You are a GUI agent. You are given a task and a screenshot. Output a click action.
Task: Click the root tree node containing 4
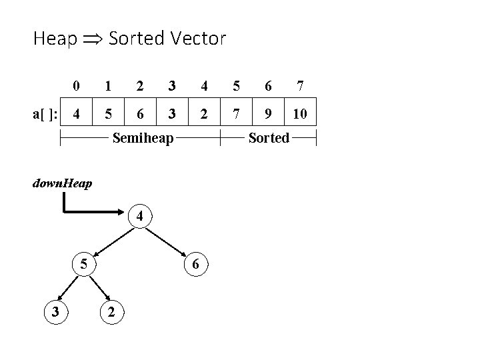coord(139,217)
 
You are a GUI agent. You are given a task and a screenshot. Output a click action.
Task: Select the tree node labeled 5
coord(84,263)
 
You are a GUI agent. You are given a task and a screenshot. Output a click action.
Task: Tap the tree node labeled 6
coord(195,264)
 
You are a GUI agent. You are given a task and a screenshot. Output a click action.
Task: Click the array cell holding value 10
coord(299,114)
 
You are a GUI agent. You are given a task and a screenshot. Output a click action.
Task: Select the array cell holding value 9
coord(267,114)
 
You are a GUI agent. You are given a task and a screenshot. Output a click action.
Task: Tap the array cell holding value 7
coord(236,114)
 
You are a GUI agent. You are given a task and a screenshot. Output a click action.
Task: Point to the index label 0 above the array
coord(77,85)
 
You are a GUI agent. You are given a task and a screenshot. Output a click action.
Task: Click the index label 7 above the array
coord(300,85)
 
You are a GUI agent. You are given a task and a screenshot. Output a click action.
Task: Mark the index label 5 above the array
coord(236,85)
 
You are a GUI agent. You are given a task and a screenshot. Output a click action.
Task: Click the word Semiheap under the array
coord(143,139)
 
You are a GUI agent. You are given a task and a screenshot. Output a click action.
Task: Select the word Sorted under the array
coord(268,139)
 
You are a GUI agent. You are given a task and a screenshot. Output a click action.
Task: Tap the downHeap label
coord(62,183)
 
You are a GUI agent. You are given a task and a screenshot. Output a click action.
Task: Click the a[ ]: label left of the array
coord(45,114)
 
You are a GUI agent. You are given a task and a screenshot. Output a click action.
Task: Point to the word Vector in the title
coord(199,39)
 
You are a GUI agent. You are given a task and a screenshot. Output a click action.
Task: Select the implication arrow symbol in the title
coord(91,39)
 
